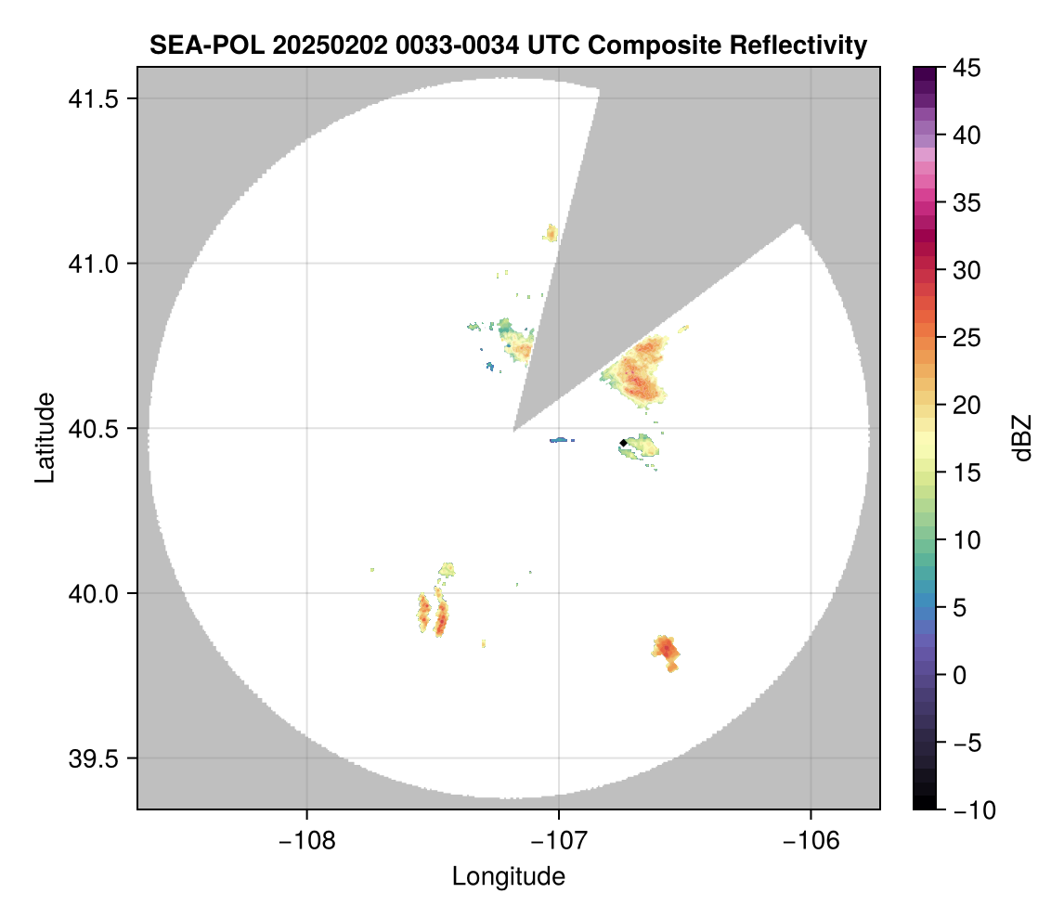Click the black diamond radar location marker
pyautogui.click(x=623, y=443)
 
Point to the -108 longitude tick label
pyautogui.click(x=305, y=839)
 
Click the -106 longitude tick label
pyautogui.click(x=811, y=839)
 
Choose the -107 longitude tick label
pyautogui.click(x=559, y=839)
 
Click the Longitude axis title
pyautogui.click(x=508, y=876)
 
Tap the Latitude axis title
pyautogui.click(x=44, y=437)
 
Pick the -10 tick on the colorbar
pyautogui.click(x=967, y=810)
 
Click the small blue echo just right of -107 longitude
pyautogui.click(x=562, y=440)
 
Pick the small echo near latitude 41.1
pyautogui.click(x=551, y=232)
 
